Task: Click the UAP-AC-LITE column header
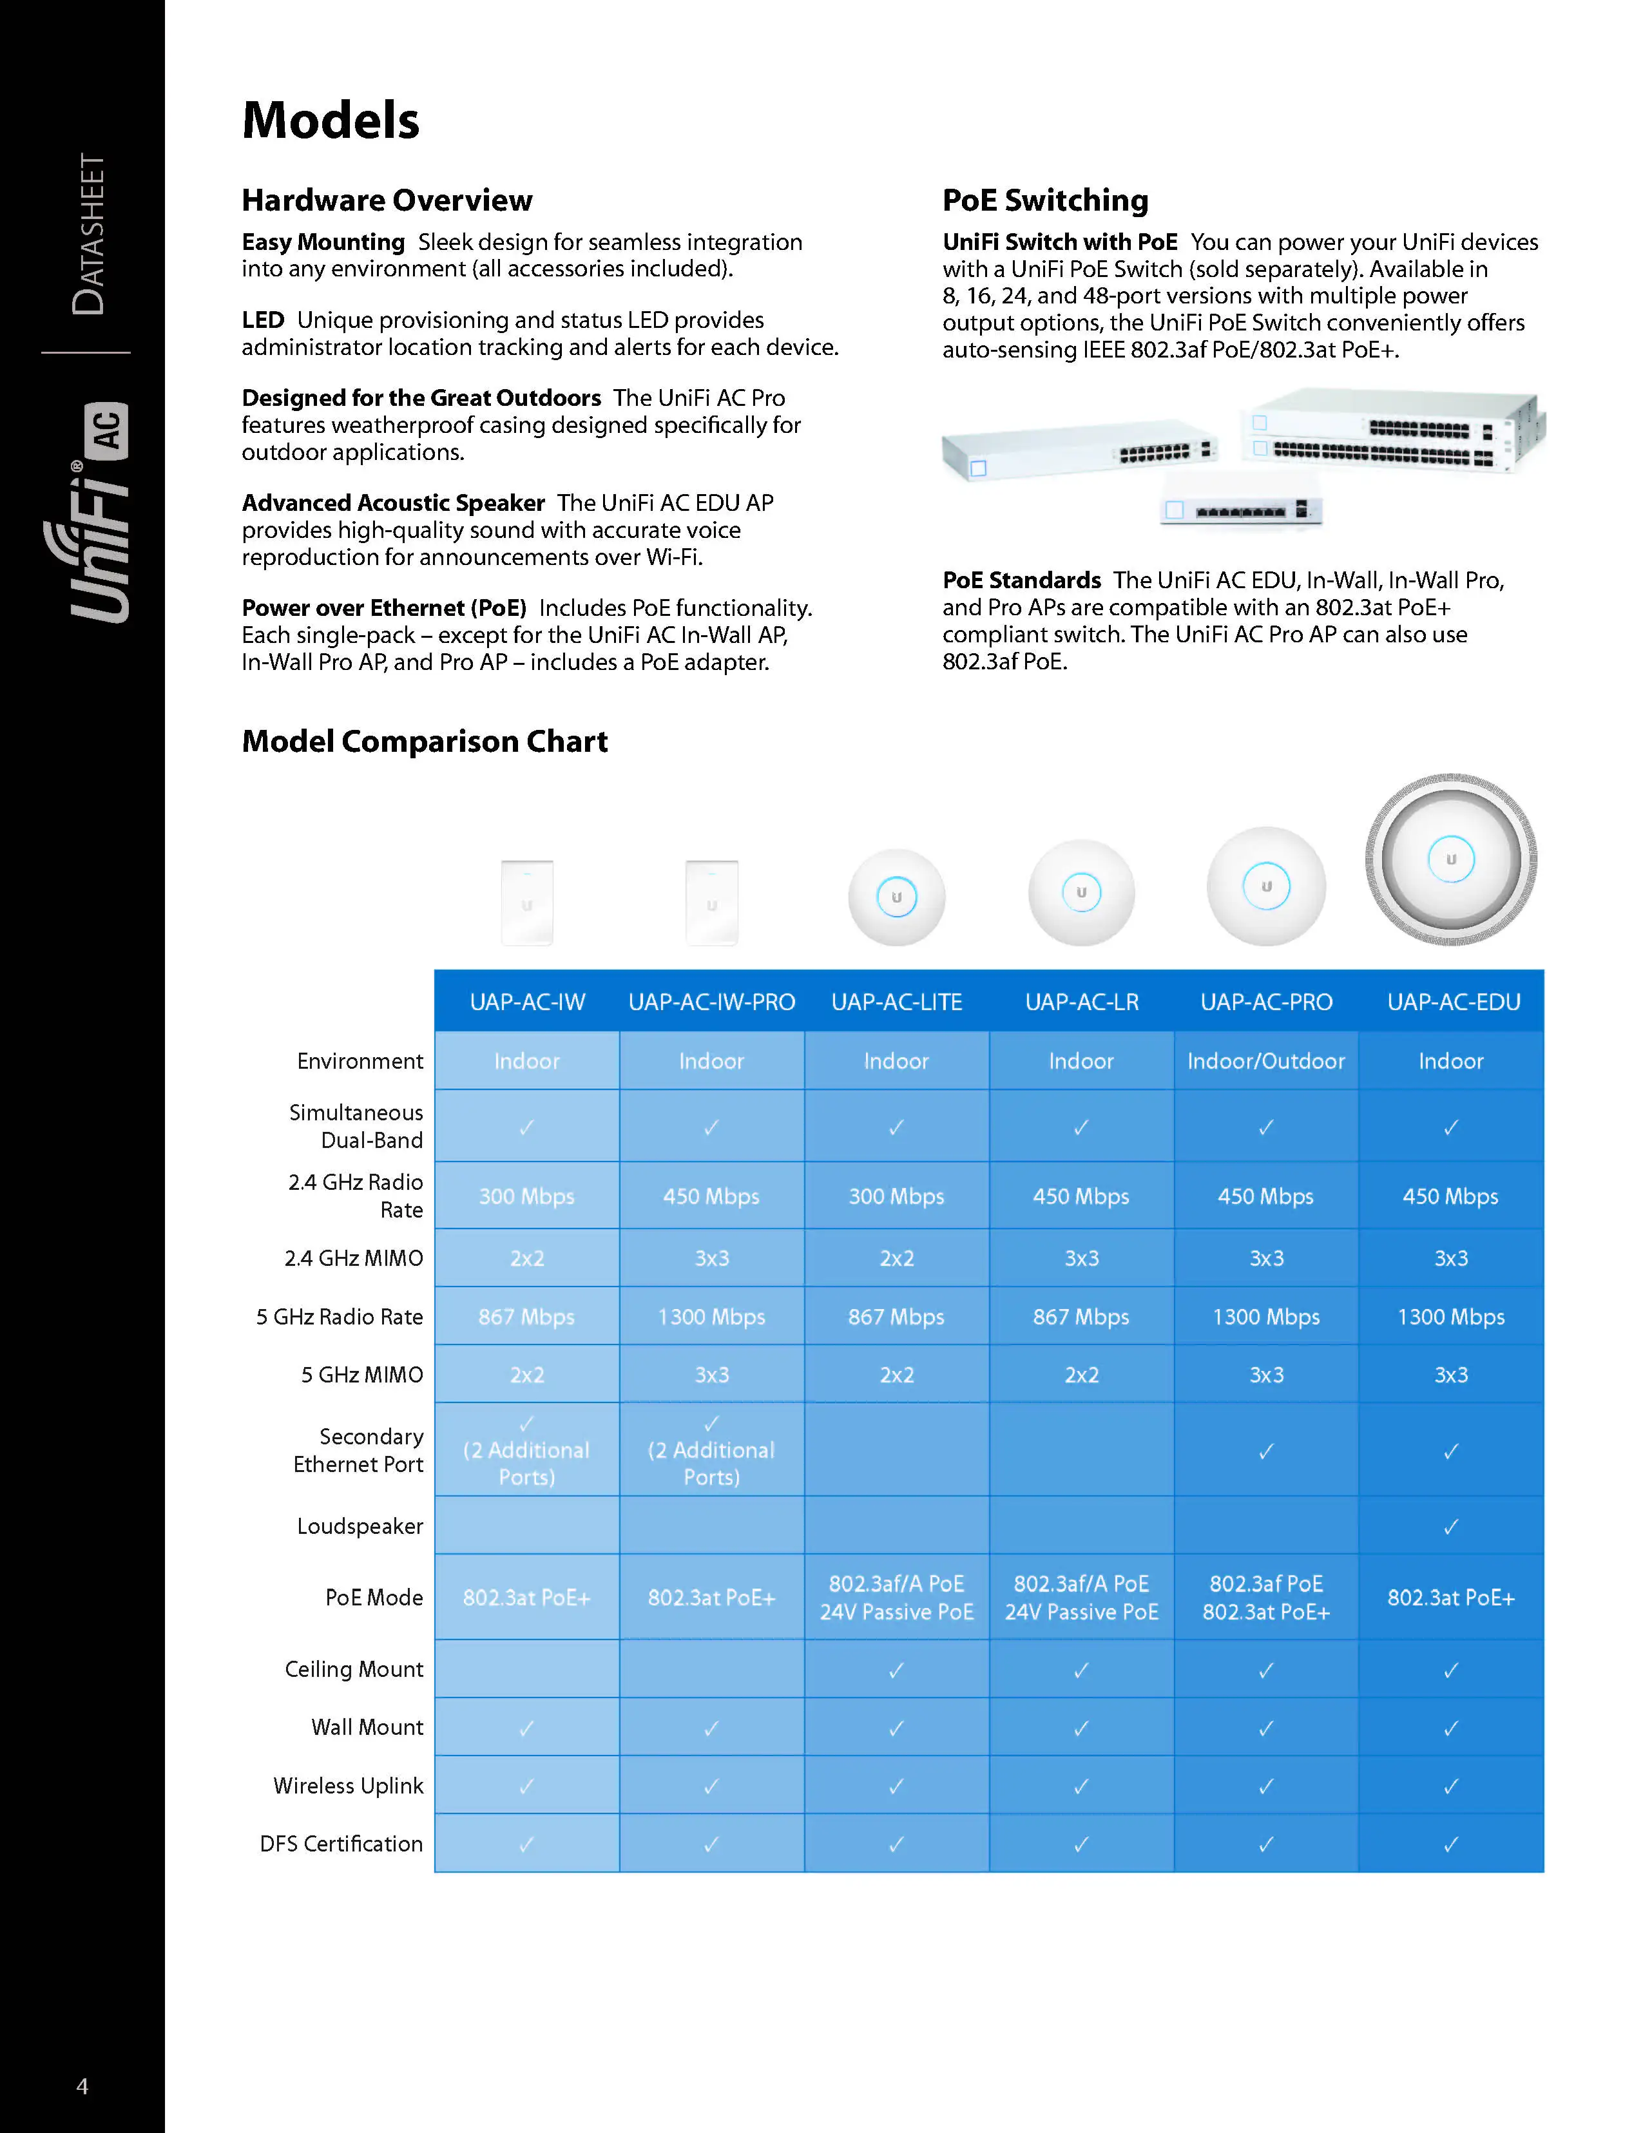tap(896, 1002)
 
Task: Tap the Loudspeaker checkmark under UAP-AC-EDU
tap(1450, 1527)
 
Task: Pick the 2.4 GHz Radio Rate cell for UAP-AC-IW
tap(526, 1196)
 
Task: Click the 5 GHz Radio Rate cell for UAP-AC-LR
tap(1081, 1317)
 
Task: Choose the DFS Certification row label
tap(341, 1844)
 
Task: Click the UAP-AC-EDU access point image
tap(1450, 859)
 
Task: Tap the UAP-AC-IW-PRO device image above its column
tap(711, 903)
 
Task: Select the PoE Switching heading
tap(1044, 200)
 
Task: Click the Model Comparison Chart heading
tap(424, 741)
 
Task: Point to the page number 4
tap(82, 2086)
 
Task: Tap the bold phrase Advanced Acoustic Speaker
tap(392, 503)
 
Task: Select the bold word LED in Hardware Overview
tap(263, 320)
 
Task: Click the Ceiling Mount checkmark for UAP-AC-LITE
tap(896, 1670)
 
